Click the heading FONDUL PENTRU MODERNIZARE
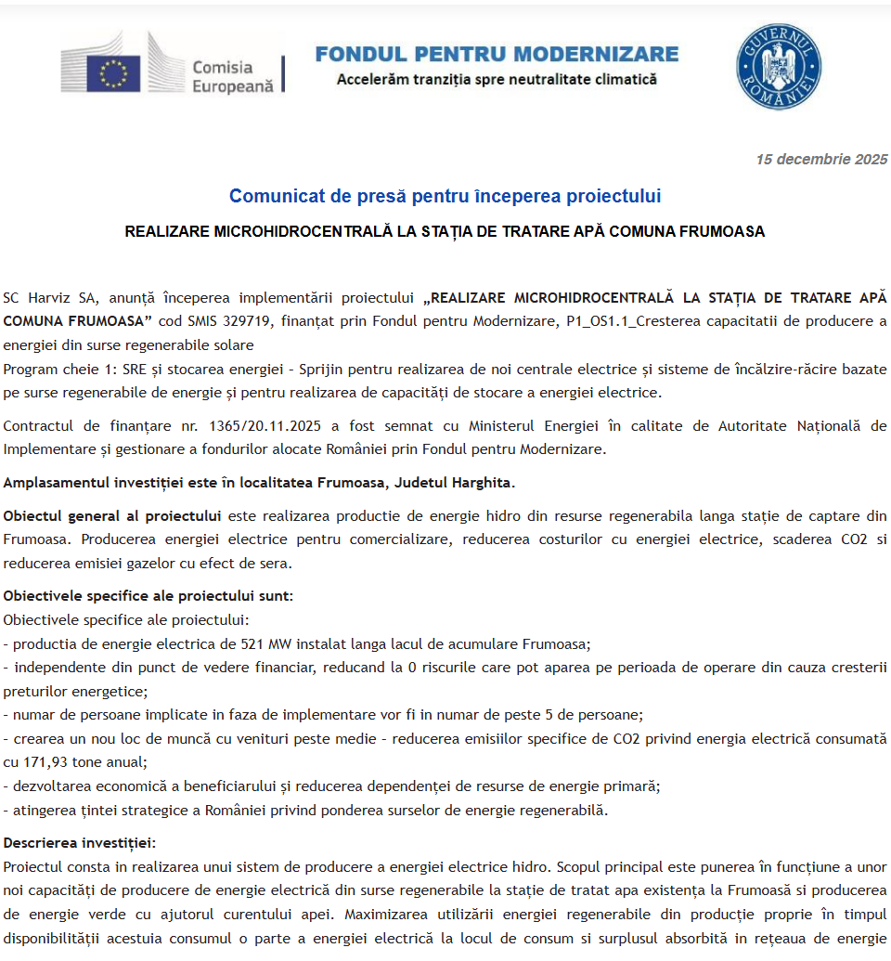tap(497, 54)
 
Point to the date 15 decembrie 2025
tap(821, 160)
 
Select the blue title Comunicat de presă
tap(445, 197)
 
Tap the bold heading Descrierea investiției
tap(80, 843)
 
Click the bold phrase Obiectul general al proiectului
tap(112, 515)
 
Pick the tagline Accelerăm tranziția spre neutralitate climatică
tap(497, 80)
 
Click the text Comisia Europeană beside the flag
tap(232, 76)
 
